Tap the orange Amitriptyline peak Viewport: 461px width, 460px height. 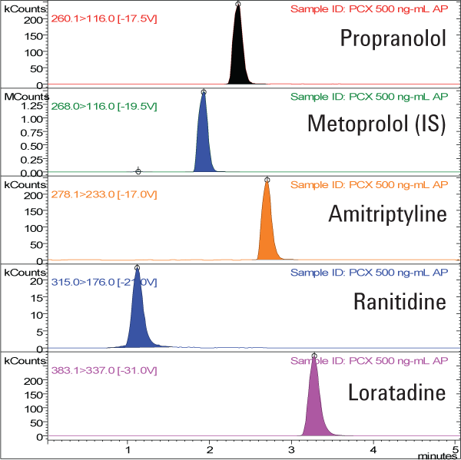point(267,230)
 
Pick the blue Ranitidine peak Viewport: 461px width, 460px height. point(138,323)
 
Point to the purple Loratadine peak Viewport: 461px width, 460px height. point(314,407)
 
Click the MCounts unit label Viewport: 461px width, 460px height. point(21,96)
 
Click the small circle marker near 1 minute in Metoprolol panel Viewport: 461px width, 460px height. point(138,171)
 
